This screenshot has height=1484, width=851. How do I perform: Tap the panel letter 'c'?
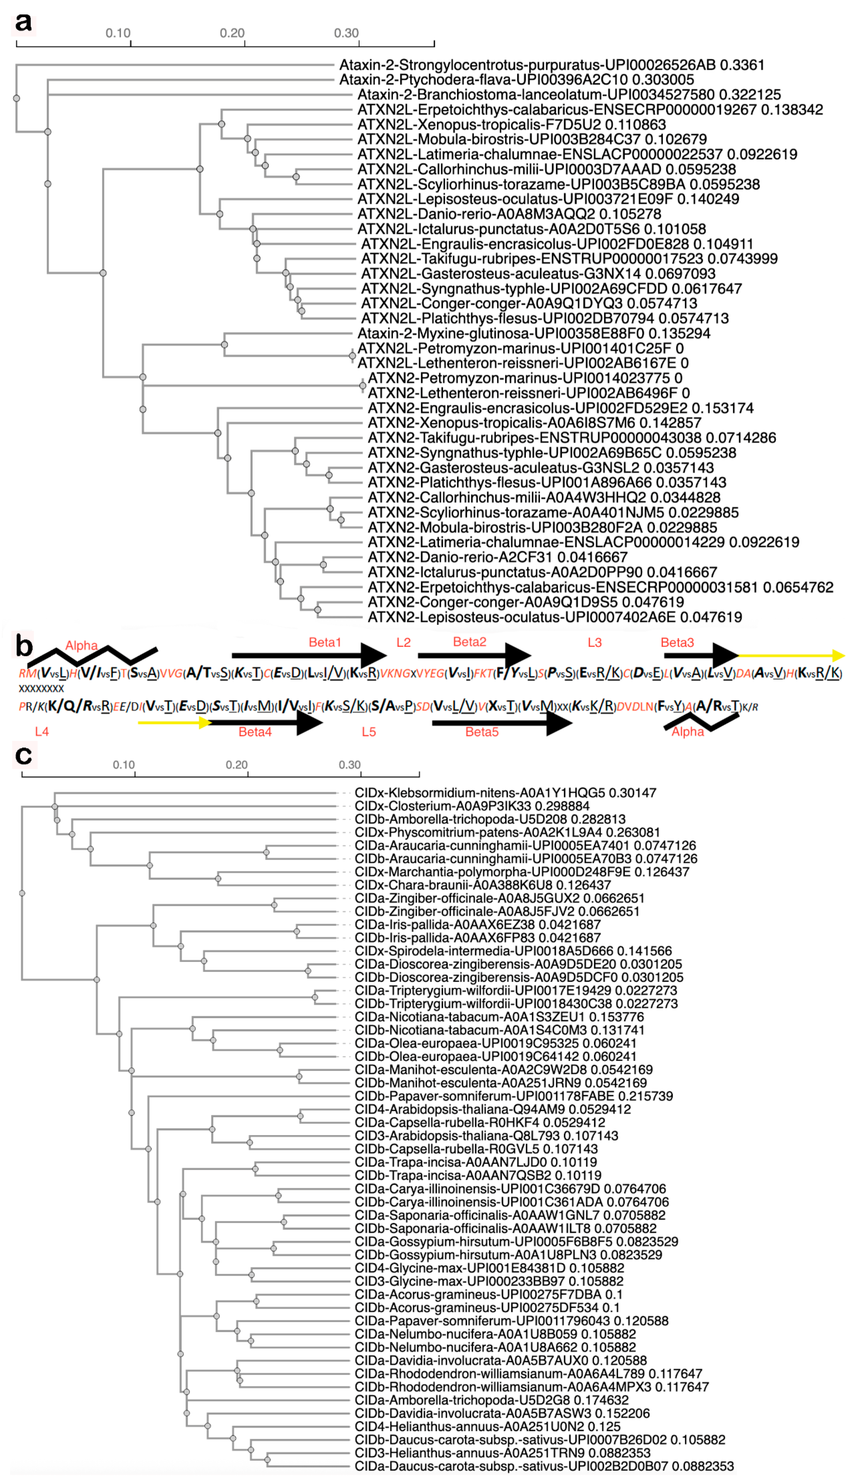tap(23, 755)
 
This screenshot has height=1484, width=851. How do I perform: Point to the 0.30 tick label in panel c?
tap(350, 764)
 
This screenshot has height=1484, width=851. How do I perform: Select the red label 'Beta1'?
tap(324, 642)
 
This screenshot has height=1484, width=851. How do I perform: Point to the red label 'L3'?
tap(595, 642)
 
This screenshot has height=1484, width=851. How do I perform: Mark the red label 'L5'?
tap(369, 732)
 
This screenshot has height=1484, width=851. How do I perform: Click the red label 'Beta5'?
tap(482, 732)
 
